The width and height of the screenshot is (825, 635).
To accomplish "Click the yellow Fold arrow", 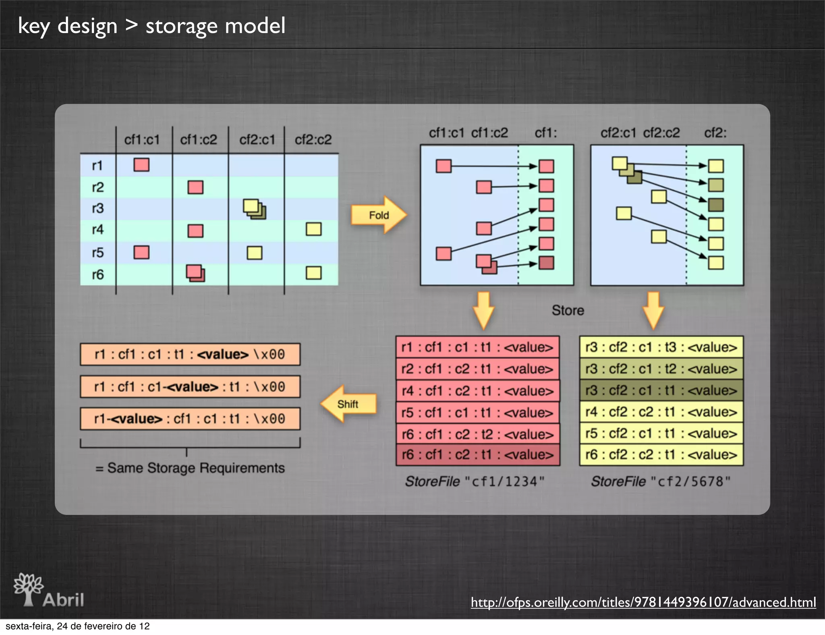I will pos(378,215).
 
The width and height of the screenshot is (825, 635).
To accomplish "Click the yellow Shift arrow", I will pos(349,404).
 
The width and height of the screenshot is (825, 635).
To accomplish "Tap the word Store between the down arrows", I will pos(568,310).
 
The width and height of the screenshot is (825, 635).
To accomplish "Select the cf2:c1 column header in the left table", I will pos(257,140).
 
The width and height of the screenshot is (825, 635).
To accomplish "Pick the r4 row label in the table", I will pos(98,230).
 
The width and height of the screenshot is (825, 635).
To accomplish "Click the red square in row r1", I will pos(141,165).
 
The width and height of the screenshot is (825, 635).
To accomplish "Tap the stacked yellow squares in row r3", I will pos(254,209).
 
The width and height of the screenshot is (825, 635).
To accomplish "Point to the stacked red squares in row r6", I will pos(195,273).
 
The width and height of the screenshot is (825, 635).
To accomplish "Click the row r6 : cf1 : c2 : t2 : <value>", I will pos(478,434).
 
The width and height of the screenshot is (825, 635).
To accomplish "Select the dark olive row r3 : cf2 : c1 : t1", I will pos(661,390).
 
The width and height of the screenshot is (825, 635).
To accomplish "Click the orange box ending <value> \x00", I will pos(190,355).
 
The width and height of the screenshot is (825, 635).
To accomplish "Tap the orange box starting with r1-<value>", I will pos(190,419).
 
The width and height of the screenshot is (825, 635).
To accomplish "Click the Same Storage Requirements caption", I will pos(190,468).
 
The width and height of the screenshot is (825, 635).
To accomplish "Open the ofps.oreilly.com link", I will pos(643,602).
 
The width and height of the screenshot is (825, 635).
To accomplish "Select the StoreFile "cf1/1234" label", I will pos(475,481).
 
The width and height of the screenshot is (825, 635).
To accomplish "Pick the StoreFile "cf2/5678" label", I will pos(661,481).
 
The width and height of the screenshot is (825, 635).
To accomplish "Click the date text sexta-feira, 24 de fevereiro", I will pos(78,626).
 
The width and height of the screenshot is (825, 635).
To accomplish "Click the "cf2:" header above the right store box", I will pos(715,133).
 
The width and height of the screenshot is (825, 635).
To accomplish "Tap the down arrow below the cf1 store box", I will pos(483,309).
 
